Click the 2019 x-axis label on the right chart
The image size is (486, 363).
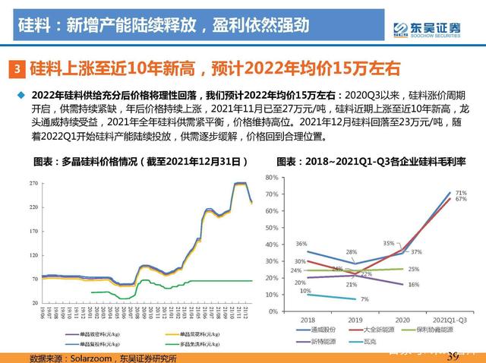[355, 320]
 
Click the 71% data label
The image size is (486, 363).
[460, 194]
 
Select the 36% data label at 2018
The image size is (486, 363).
[301, 244]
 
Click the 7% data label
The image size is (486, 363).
[364, 300]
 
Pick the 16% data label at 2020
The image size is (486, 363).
[413, 284]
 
